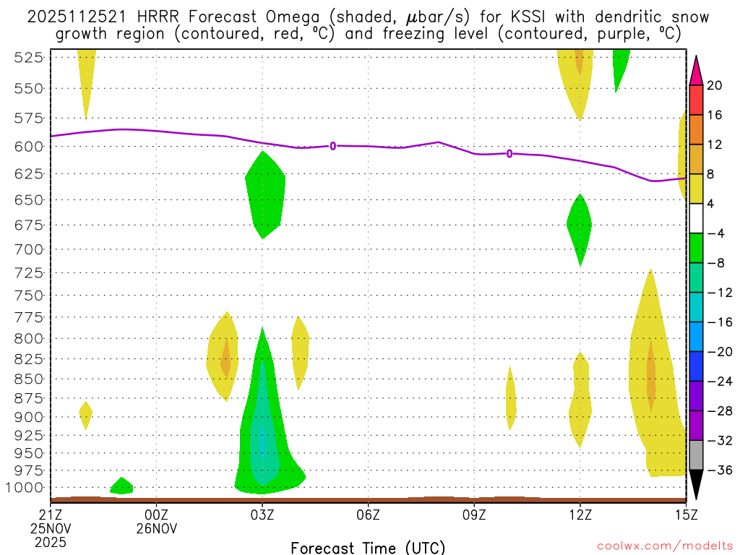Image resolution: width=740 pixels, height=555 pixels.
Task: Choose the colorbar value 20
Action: click(x=715, y=86)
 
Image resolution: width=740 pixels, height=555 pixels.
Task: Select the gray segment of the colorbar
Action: click(x=696, y=455)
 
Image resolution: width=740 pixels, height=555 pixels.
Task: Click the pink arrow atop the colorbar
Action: click(x=696, y=70)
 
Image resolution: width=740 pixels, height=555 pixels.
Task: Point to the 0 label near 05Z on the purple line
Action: click(x=333, y=145)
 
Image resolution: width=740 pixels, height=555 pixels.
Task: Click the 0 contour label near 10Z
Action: click(x=509, y=153)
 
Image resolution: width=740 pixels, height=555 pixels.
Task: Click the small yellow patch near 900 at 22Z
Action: click(x=85, y=415)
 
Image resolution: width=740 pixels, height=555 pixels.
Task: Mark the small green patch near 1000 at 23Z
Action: click(x=121, y=486)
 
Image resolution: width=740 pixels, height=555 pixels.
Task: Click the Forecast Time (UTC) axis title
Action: click(x=368, y=547)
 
